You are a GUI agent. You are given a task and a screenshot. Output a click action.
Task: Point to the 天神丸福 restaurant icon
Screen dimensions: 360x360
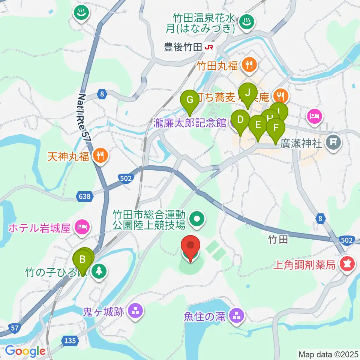pos(99,155)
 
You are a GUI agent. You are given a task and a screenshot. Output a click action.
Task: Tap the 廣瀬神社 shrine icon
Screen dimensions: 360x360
pos(333,142)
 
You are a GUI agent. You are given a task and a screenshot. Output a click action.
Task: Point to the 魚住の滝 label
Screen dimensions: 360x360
pos(204,317)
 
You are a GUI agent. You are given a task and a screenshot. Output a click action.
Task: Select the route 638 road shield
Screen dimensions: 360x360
pos(84,196)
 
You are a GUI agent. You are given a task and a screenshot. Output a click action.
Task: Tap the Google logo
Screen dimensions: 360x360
pos(25,351)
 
